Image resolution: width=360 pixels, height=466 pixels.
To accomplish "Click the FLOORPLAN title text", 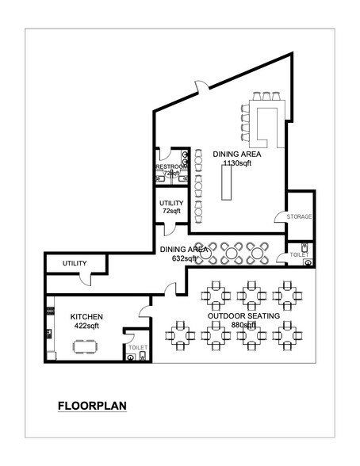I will [x=92, y=407].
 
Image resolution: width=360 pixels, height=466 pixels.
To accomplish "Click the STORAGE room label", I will [x=299, y=216].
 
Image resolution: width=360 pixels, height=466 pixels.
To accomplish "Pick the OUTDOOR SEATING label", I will [x=243, y=315].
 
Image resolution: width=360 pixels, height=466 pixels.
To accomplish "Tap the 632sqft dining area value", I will [x=184, y=258].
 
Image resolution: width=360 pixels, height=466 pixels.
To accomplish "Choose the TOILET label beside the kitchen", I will [x=137, y=347].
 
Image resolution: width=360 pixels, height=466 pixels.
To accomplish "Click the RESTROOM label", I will [x=169, y=167].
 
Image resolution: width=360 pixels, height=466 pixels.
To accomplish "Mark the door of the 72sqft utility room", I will [x=167, y=229].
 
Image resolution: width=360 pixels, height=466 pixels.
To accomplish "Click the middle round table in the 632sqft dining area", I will [x=232, y=253].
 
